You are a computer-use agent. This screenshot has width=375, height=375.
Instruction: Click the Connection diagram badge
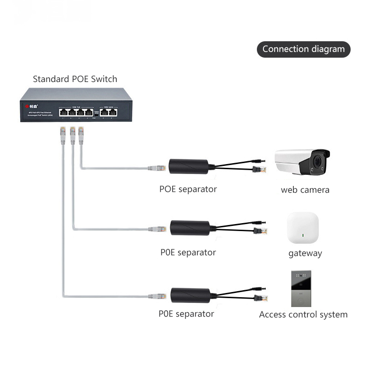(x=303, y=49)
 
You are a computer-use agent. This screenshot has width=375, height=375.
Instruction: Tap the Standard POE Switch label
(x=75, y=79)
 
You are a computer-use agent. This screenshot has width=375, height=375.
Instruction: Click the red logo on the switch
(x=27, y=106)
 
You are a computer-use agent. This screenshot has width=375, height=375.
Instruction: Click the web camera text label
(x=305, y=190)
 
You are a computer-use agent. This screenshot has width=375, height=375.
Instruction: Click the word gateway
(x=305, y=253)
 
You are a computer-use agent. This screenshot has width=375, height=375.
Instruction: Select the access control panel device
(x=300, y=288)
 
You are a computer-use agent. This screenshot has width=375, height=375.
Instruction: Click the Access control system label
(x=303, y=315)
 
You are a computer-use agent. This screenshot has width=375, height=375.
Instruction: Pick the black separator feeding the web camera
(x=188, y=166)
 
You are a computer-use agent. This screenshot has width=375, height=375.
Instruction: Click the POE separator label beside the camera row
(x=188, y=189)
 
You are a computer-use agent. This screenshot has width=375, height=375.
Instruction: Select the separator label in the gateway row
(x=188, y=252)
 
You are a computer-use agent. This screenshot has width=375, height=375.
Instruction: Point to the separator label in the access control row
(x=186, y=314)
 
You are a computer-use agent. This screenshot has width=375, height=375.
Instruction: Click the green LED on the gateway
(x=303, y=235)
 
